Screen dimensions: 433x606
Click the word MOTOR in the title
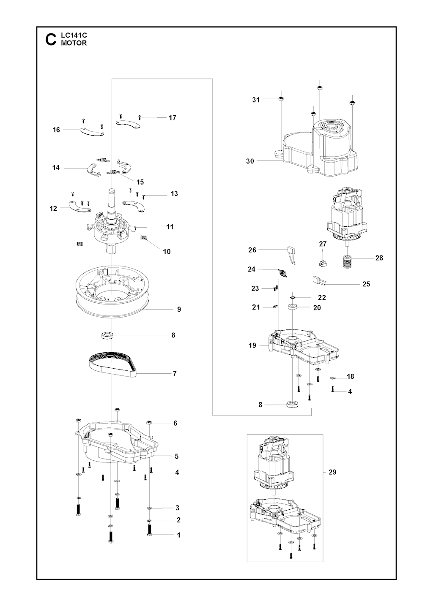[74, 43]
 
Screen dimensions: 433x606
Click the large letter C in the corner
[51, 40]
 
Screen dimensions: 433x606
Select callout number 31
[256, 100]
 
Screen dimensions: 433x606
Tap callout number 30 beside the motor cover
[250, 161]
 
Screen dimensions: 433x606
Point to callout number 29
[332, 472]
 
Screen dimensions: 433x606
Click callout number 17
[173, 118]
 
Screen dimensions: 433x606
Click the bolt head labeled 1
[148, 535]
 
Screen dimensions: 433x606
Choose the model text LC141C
[74, 35]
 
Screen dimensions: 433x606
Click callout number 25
[366, 284]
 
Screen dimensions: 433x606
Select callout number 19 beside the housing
[252, 345]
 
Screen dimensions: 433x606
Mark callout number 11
[170, 227]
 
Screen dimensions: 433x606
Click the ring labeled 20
[292, 307]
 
